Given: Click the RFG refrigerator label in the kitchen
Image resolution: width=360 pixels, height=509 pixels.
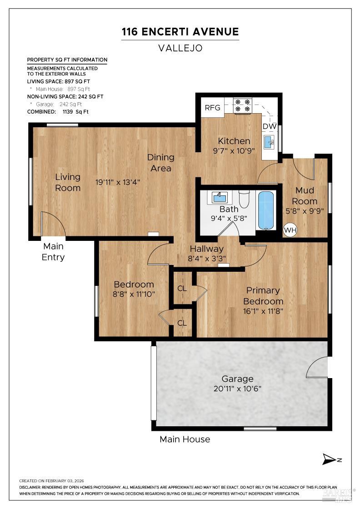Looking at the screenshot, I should click(212, 108).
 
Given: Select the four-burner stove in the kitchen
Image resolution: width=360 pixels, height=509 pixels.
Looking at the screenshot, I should click(242, 105).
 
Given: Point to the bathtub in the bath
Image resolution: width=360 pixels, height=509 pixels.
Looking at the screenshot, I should click(266, 210).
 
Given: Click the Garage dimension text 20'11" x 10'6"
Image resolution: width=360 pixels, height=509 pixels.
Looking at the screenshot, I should click(237, 389).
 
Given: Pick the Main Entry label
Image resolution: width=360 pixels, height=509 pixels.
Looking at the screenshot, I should click(54, 252).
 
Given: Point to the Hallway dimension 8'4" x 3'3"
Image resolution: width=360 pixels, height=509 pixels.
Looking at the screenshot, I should click(207, 259).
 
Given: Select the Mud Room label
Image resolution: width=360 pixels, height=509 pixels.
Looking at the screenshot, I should click(305, 196).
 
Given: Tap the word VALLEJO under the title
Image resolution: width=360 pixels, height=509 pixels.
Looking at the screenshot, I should click(180, 48).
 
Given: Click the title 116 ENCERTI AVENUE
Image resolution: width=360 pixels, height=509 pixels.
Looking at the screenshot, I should click(180, 32).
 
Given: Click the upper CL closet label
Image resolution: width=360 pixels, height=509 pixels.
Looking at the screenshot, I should click(182, 288).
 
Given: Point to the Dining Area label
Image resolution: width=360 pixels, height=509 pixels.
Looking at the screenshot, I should click(160, 163).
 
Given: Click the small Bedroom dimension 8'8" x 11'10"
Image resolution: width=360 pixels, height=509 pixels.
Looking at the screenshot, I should click(134, 294).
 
